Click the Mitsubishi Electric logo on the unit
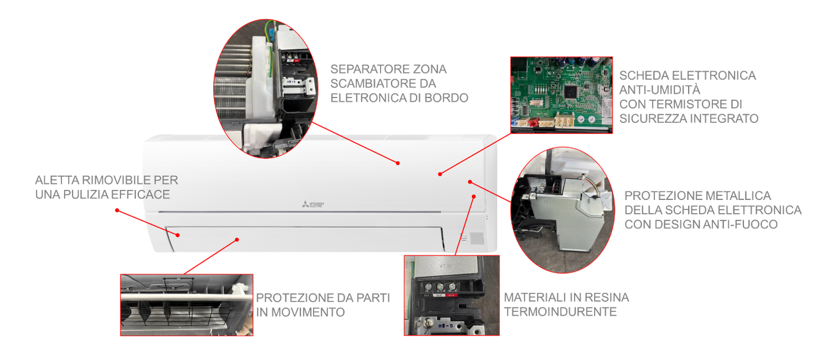[313, 204]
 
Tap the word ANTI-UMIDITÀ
[660, 90]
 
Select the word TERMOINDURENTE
[560, 312]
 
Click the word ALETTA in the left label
[57, 180]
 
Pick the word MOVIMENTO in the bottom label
[308, 312]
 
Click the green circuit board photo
[561, 95]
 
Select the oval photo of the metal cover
[563, 210]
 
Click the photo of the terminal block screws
[452, 295]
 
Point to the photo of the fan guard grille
[187, 305]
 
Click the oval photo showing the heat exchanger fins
[265, 89]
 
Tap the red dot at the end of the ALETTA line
[117, 210]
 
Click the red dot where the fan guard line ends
[237, 240]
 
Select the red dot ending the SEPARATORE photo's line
[398, 163]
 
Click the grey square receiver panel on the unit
[477, 238]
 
